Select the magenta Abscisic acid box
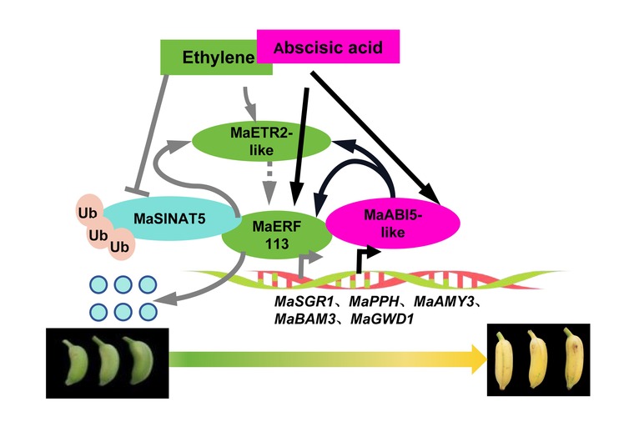click(329, 47)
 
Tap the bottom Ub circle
click(121, 248)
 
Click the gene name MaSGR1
click(303, 299)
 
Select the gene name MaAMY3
click(444, 299)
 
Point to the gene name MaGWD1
click(391, 319)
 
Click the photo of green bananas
click(107, 359)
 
